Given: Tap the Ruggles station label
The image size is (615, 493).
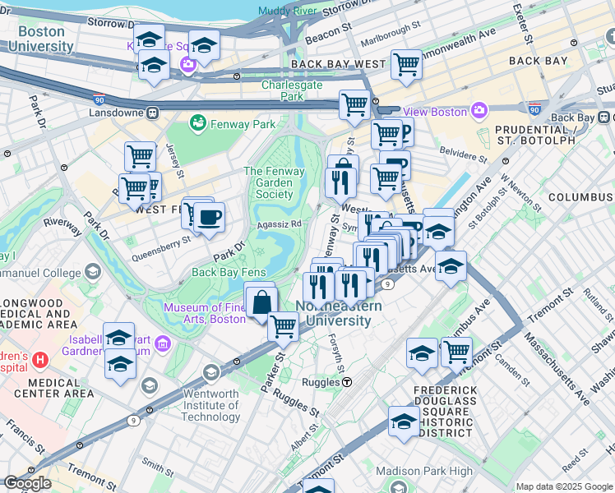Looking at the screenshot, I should (x=321, y=382).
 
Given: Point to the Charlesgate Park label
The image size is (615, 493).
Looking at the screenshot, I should (x=294, y=90).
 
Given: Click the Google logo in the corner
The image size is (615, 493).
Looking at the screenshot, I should (x=27, y=483).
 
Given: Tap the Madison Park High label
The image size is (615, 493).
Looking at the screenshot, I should (x=424, y=471).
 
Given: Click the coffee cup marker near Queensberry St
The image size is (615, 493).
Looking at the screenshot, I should (x=209, y=218).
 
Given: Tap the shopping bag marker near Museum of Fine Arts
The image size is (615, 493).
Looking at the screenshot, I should (x=261, y=301).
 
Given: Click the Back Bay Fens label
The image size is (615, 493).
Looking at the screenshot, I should (x=229, y=272).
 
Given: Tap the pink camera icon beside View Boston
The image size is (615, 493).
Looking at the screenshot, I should (x=479, y=111).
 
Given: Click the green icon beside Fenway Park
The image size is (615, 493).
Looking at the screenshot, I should (x=197, y=124).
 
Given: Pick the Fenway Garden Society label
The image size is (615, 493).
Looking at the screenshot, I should (x=274, y=182).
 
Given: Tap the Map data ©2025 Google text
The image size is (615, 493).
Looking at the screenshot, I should (x=564, y=486).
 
